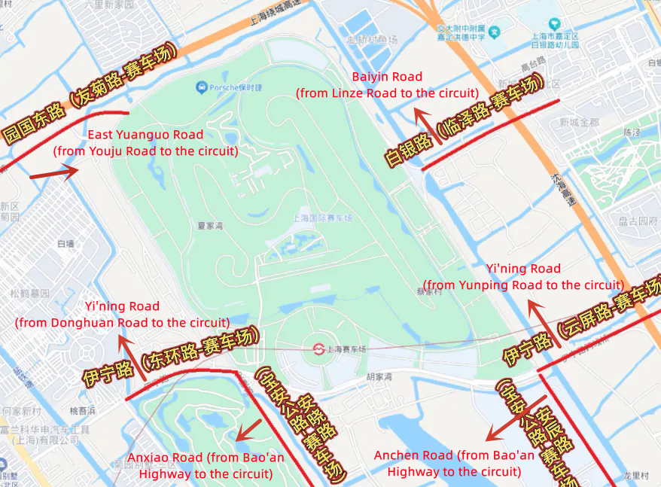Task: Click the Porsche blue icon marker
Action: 202,88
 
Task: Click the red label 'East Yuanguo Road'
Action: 145,135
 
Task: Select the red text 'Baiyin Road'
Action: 387,77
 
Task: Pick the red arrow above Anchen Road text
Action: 516,419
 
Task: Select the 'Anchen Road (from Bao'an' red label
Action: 454,455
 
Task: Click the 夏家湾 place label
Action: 212,225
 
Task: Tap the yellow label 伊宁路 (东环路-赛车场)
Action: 169,357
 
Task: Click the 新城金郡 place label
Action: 579,122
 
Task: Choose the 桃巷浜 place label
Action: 83,411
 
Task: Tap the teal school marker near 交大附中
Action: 494,32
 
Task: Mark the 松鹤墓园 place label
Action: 29,293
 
